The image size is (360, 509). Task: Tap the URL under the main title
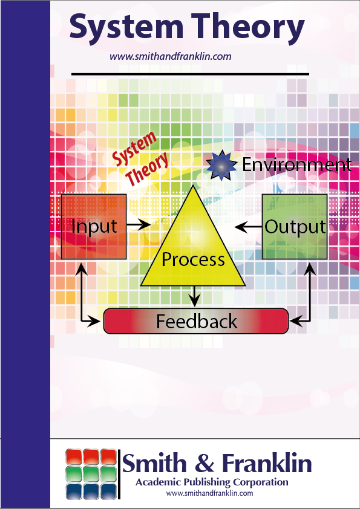[x=171, y=56]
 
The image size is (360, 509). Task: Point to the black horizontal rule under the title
[x=190, y=74]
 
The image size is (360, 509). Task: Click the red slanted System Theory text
[x=141, y=158]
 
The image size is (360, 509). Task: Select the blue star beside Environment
[x=221, y=165]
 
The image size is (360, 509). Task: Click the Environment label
[x=296, y=164]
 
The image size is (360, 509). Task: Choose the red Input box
[x=94, y=227]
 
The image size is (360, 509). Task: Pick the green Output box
[x=295, y=227]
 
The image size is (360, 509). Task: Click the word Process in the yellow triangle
[x=193, y=259]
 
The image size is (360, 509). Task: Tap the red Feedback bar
[x=196, y=321]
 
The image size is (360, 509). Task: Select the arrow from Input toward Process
[x=139, y=224]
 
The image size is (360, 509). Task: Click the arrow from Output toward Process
[x=248, y=227]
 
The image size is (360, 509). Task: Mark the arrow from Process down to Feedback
[x=194, y=296]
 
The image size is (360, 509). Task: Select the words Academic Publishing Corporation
[x=212, y=482]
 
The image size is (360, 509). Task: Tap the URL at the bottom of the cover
[x=209, y=493]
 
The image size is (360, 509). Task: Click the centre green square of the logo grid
[x=91, y=474]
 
